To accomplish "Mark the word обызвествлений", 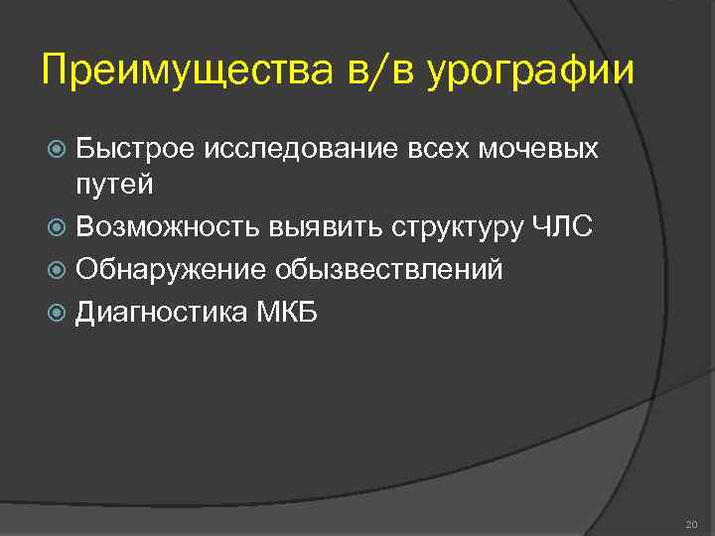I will (x=390, y=270).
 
